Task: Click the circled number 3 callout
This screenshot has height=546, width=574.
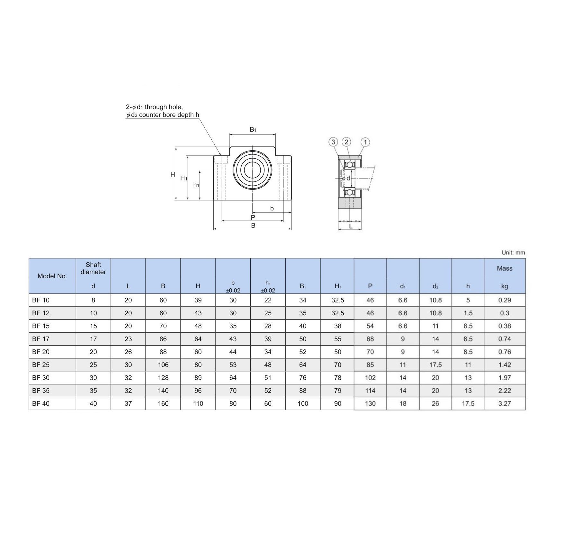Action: pyautogui.click(x=333, y=142)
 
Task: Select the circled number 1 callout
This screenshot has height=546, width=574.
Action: pyautogui.click(x=365, y=142)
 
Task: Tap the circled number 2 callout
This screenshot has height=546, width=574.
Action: pyautogui.click(x=346, y=142)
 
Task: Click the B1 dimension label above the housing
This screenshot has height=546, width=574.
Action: pyautogui.click(x=253, y=130)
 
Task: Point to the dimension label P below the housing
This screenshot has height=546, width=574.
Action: pyautogui.click(x=253, y=217)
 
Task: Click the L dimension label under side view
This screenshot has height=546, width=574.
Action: pyautogui.click(x=351, y=226)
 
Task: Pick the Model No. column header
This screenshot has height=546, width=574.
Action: pyautogui.click(x=52, y=276)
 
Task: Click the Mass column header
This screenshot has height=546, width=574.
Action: pyautogui.click(x=505, y=268)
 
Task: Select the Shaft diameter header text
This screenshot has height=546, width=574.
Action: pyautogui.click(x=93, y=268)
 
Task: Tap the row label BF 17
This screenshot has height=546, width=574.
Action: pyautogui.click(x=41, y=339)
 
